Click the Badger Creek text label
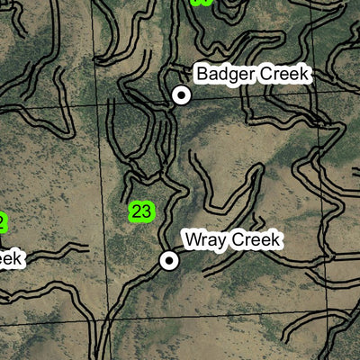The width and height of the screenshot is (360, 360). pyautogui.click(x=253, y=75)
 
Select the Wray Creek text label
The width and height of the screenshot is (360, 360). pyautogui.click(x=233, y=240)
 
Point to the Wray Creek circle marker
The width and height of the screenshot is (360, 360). pyautogui.click(x=168, y=261)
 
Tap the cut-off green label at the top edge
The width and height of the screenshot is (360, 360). pyautogui.click(x=202, y=3)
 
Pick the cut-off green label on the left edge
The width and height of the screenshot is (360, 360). pyautogui.click(x=3, y=221)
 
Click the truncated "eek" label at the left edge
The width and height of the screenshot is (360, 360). pyautogui.click(x=10, y=259)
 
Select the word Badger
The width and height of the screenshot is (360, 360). pyautogui.click(x=224, y=75)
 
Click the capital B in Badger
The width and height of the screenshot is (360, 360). pyautogui.click(x=202, y=75)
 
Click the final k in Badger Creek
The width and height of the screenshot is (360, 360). pyautogui.click(x=305, y=75)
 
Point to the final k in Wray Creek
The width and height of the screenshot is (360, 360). pyautogui.click(x=278, y=240)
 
